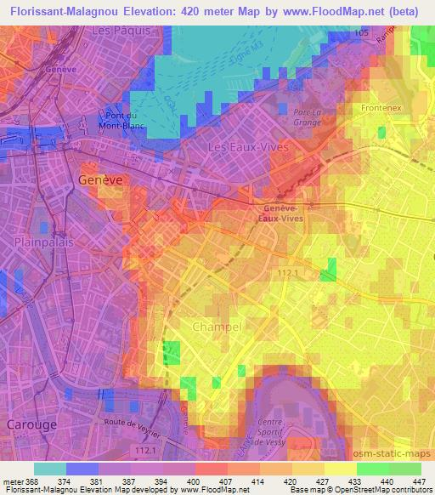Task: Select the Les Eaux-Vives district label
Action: point(248,147)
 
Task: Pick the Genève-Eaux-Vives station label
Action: point(282,213)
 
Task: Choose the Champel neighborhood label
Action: point(217,327)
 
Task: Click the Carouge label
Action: point(31,423)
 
